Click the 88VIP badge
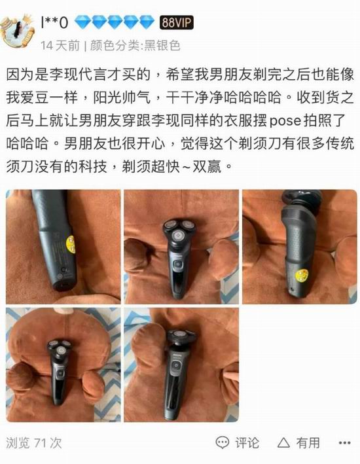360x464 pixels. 177,22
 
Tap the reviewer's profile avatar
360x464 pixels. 17,31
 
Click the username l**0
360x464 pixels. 54,22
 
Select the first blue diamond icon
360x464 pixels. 82,22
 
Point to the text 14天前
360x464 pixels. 60,46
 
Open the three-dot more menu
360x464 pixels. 344,443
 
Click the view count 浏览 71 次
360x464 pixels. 34,443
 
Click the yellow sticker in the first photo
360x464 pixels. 71,244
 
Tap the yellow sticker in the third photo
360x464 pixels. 301,276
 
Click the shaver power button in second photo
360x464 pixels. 177,264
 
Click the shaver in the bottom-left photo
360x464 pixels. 59,371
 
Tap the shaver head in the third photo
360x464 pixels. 301,201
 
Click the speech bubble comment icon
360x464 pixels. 223,443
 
